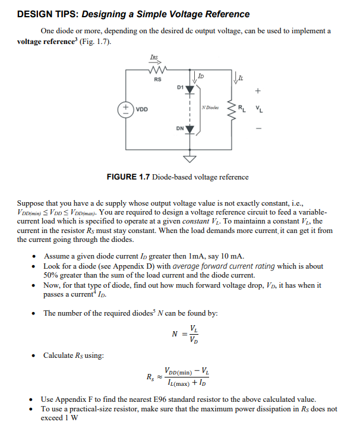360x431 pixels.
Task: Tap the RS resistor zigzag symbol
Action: point(157,69)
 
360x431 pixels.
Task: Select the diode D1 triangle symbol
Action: point(190,89)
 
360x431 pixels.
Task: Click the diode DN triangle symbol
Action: point(190,129)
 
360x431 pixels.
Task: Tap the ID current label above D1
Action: point(200,76)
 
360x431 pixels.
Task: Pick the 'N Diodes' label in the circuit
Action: point(211,108)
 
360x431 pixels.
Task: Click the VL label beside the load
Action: point(258,109)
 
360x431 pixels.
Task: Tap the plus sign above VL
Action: point(257,92)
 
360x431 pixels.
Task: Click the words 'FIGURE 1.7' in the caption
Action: point(128,177)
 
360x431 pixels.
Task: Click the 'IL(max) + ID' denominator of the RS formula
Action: point(188,382)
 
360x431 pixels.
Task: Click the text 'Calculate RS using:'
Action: point(74,356)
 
